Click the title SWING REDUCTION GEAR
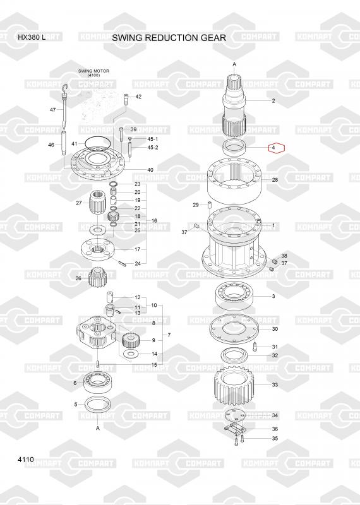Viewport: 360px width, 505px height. (x=169, y=38)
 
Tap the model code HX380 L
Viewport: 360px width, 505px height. (x=32, y=37)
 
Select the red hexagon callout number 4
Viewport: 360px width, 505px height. (x=277, y=148)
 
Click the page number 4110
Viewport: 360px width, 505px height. (x=26, y=460)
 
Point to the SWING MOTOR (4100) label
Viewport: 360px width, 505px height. (x=93, y=73)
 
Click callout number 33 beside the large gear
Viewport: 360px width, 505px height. (x=275, y=384)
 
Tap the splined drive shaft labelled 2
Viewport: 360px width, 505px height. (x=234, y=105)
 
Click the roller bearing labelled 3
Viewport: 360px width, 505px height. (x=234, y=295)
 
